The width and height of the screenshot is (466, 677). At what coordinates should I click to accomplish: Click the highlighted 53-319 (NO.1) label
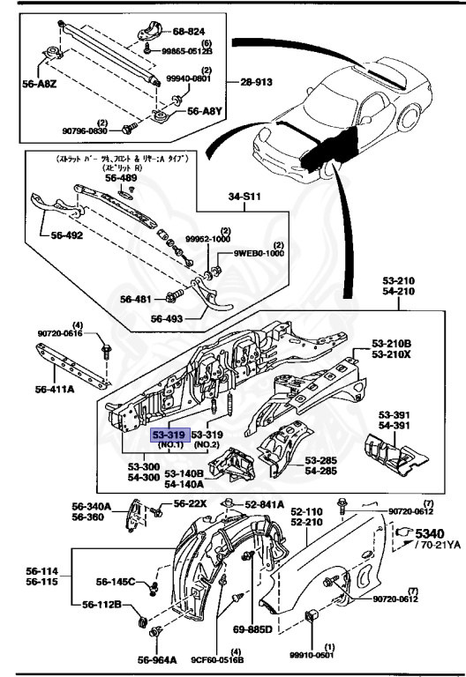point(169,435)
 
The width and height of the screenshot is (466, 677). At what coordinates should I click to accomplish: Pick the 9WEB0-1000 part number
point(260,253)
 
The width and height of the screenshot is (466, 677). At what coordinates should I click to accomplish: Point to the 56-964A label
point(159,658)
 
